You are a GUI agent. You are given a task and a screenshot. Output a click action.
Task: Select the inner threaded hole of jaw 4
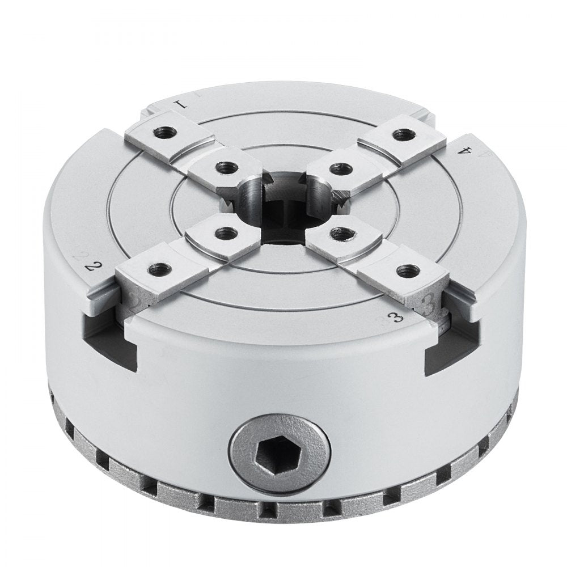pos(340,168)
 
